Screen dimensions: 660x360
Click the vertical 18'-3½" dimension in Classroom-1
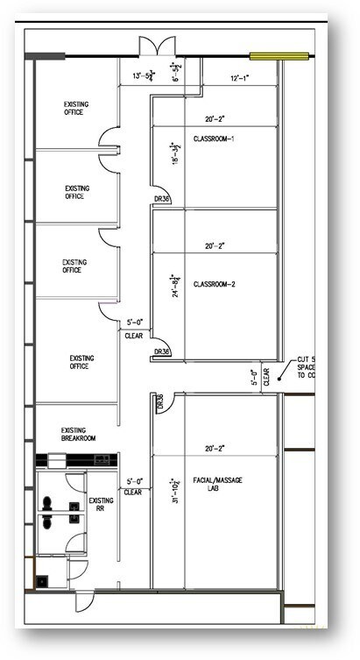[174, 153]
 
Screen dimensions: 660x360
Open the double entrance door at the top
[150, 46]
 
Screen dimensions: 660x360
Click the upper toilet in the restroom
[47, 503]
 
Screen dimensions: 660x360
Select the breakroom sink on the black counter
[56, 459]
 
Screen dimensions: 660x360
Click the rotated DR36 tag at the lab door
[159, 403]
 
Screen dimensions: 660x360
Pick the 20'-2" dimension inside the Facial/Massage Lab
[215, 448]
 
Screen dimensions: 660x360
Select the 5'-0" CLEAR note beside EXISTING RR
[133, 486]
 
